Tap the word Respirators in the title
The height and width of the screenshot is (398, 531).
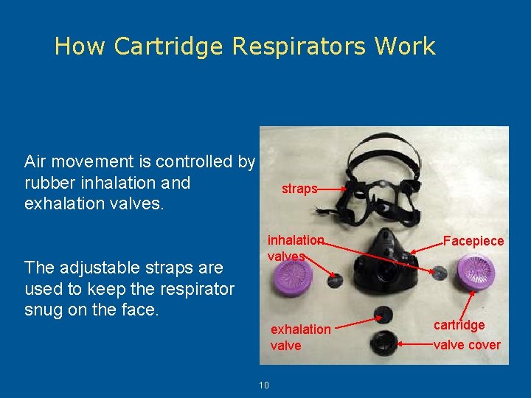coord(298,46)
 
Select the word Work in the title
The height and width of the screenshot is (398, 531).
coord(404,46)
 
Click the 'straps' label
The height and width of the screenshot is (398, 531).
coord(299,189)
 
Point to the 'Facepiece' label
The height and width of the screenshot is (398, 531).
coord(473,241)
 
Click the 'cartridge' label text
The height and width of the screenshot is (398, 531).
coord(459,325)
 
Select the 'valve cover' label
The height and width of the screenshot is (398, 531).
coord(467,345)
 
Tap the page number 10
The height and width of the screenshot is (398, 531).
coord(264,385)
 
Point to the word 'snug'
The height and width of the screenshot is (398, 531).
coord(42,310)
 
